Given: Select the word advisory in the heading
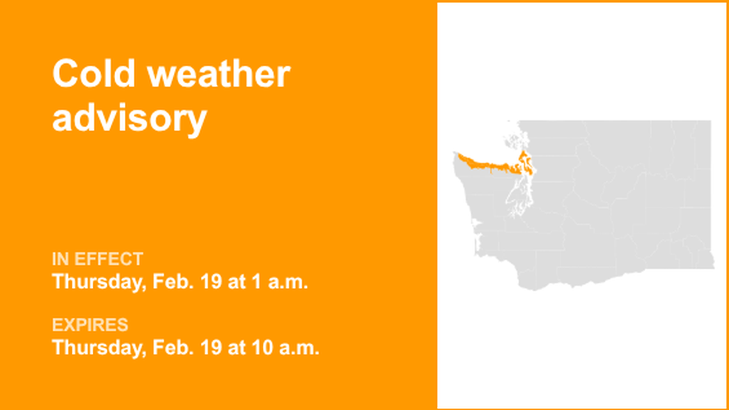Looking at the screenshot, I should (129, 118).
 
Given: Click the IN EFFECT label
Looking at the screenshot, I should (97, 260).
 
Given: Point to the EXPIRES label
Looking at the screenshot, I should (90, 325).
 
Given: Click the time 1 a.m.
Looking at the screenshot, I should (280, 282).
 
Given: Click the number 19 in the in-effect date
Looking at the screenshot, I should (212, 282).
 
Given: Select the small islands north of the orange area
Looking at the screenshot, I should (512, 137).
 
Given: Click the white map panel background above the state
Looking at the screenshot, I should (582, 58).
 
